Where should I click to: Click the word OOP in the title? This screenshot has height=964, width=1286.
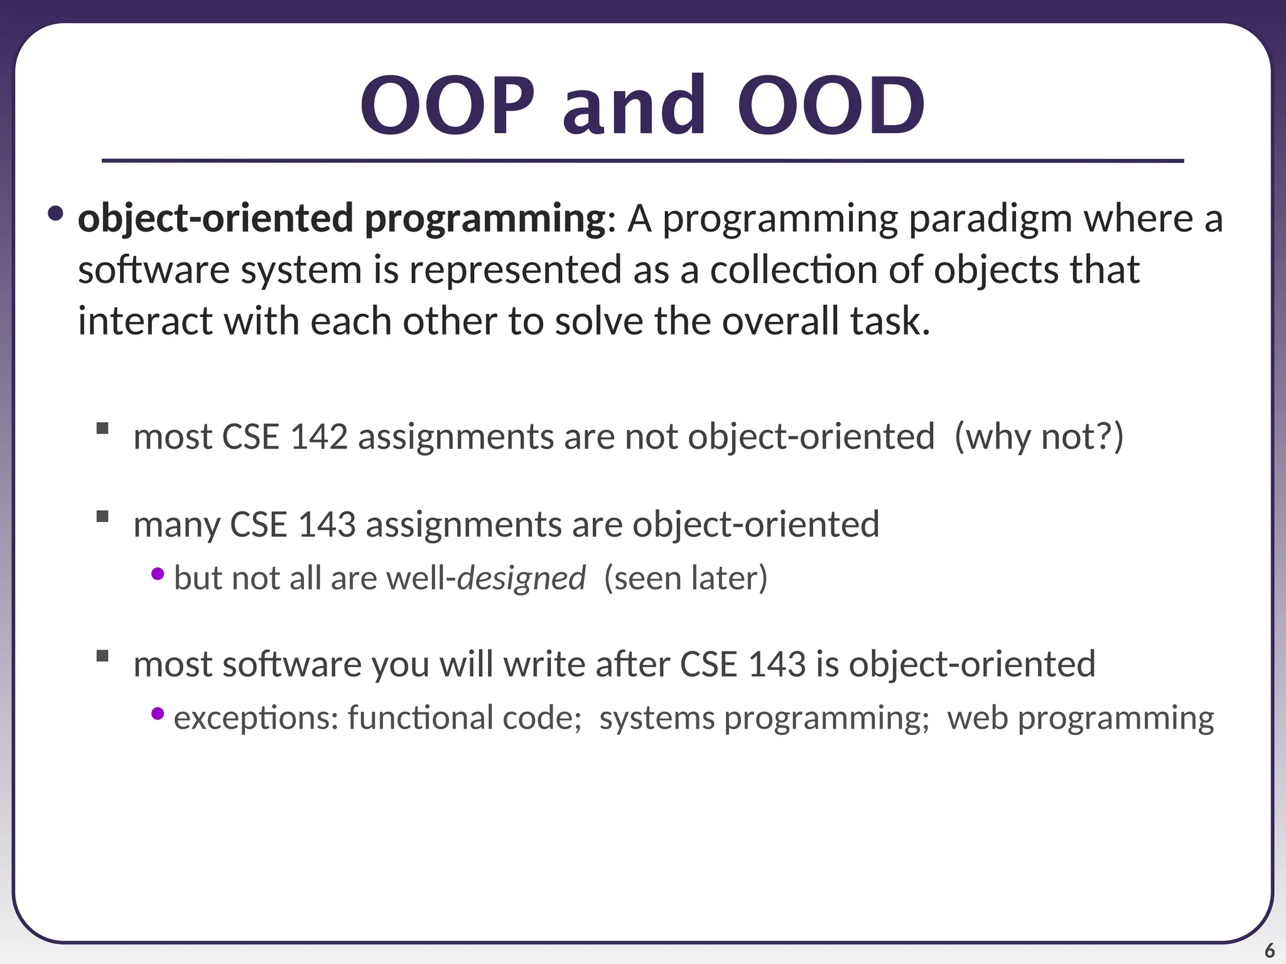pyautogui.click(x=447, y=105)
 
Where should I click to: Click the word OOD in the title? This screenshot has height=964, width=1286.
pyautogui.click(x=830, y=105)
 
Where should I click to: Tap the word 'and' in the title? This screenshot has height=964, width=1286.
pyautogui.click(x=634, y=105)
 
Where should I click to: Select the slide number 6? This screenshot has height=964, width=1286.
pyautogui.click(x=1269, y=950)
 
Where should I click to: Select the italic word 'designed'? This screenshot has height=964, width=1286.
pyautogui.click(x=521, y=578)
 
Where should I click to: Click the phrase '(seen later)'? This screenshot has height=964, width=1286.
pyautogui.click(x=686, y=578)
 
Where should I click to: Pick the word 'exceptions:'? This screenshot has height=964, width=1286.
pyautogui.click(x=256, y=717)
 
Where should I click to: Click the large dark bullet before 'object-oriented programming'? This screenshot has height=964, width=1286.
pyautogui.click(x=55, y=213)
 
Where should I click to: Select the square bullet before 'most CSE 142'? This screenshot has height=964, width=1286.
pyautogui.click(x=103, y=429)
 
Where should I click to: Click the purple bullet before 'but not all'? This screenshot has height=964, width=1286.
pyautogui.click(x=158, y=574)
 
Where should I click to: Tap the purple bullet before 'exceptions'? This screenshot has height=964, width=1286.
pyautogui.click(x=158, y=714)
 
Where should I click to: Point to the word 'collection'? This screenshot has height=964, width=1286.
pyautogui.click(x=794, y=270)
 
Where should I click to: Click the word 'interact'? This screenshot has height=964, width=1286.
pyautogui.click(x=145, y=321)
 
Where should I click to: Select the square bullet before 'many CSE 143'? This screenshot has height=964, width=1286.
pyautogui.click(x=103, y=517)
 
